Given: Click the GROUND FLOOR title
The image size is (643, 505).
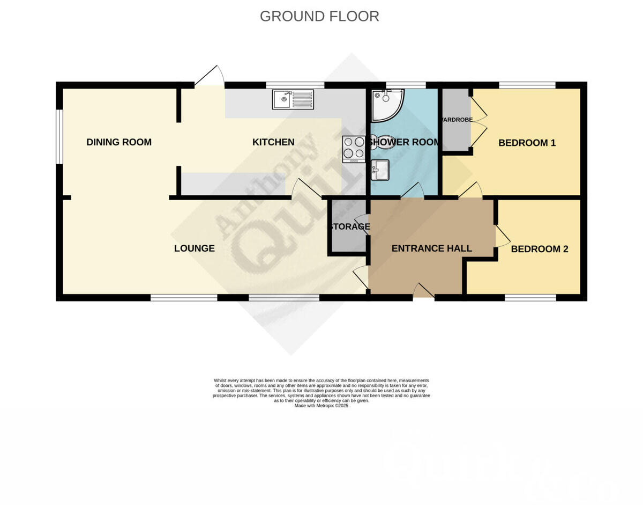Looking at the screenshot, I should pos(319,17).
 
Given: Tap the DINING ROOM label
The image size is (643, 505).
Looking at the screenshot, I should pos(119,142).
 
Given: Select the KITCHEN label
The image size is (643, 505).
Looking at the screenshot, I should pos(273,142).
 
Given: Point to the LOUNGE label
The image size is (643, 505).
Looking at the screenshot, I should pos(195,248).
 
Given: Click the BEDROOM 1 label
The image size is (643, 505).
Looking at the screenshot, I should pos(527,143).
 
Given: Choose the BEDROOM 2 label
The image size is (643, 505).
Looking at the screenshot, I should pos(539,249).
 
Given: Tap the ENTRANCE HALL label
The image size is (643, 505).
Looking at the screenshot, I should pos(431,248).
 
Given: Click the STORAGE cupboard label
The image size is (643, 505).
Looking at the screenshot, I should pos(349,226).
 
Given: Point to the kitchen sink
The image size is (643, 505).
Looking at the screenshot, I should pos(293,99).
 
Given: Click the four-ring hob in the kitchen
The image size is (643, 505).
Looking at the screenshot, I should pos(354,148).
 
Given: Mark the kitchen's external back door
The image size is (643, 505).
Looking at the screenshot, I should pos(210,77).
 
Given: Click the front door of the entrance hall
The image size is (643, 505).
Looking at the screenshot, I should pos(423,291).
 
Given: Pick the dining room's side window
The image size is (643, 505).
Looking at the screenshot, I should pos(59,136).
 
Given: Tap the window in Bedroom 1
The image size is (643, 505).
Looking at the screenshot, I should pos(527,85).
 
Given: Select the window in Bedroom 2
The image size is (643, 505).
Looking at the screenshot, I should pos(530,297).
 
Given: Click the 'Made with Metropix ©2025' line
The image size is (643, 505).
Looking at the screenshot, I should pos(322,406).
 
